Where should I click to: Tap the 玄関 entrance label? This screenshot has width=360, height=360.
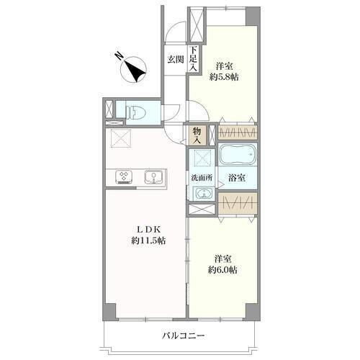[x=176, y=59]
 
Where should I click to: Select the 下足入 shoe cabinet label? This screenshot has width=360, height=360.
[x=194, y=59]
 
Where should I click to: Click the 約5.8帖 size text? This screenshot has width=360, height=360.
[x=224, y=77]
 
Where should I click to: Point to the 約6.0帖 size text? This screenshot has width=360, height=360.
[x=222, y=270]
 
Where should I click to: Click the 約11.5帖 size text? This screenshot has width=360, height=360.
[x=148, y=240]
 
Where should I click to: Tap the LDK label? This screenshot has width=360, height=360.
[x=148, y=230]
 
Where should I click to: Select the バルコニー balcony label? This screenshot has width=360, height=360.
[x=183, y=336]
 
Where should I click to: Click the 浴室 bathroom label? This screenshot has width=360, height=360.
[x=237, y=178]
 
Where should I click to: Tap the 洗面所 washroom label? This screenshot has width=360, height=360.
[x=202, y=178]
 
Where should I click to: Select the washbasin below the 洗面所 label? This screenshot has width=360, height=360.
[x=204, y=193]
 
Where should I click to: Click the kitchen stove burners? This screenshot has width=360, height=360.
[x=124, y=177]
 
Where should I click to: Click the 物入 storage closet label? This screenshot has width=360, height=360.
[x=197, y=135]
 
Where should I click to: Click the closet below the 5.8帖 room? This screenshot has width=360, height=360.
[x=238, y=132]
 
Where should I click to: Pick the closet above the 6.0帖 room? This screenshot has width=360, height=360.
[x=238, y=203]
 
